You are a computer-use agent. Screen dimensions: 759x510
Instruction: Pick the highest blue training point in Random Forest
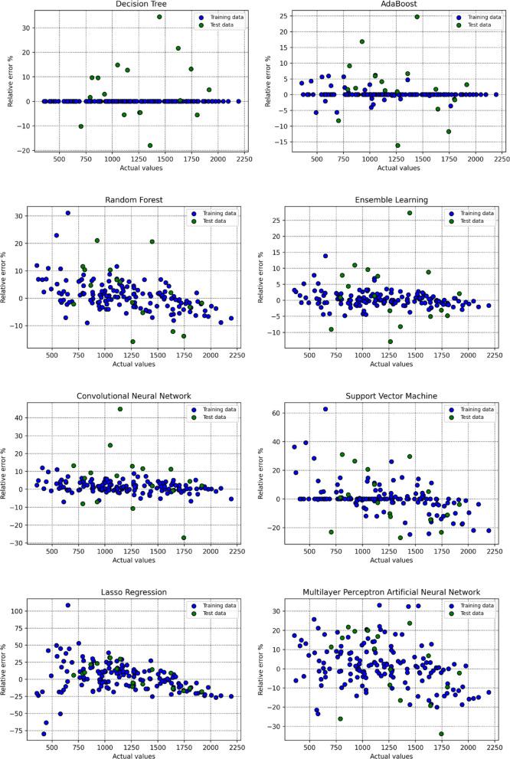pyautogui.click(x=67, y=213)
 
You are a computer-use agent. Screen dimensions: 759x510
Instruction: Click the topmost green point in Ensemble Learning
pyautogui.click(x=410, y=213)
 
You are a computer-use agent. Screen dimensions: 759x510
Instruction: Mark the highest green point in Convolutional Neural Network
pyautogui.click(x=120, y=409)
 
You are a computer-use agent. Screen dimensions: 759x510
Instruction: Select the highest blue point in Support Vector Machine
pyautogui.click(x=325, y=409)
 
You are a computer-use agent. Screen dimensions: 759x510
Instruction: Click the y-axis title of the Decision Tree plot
pyautogui.click(x=10, y=80)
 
